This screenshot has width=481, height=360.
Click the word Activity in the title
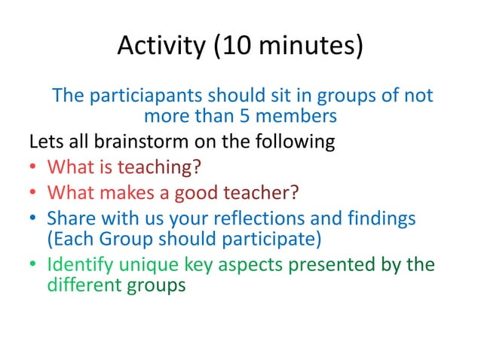pyautogui.click(x=158, y=47)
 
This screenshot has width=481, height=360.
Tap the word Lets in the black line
pyautogui.click(x=43, y=142)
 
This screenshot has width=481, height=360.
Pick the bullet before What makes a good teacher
pyautogui.click(x=35, y=194)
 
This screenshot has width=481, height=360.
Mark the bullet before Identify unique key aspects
pyautogui.click(x=35, y=266)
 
